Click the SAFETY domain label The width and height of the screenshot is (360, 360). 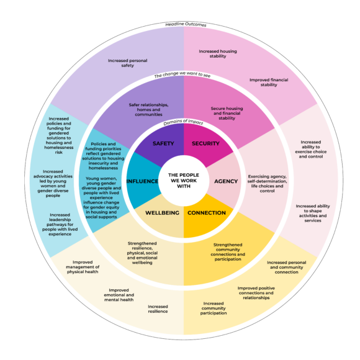163,143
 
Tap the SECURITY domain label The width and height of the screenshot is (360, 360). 205,143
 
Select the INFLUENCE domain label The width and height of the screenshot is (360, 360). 142,181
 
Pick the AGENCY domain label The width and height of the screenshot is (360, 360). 226,181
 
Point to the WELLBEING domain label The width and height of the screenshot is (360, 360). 163,213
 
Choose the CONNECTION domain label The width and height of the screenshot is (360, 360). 207,213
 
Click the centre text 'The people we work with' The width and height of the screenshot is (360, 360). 184,181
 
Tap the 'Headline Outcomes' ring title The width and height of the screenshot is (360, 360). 186,24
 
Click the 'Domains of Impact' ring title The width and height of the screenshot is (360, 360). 183,122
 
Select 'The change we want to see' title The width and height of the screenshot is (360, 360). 182,74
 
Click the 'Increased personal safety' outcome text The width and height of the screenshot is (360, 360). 128,63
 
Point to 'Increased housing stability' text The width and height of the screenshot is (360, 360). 218,53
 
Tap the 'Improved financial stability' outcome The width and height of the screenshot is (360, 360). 269,82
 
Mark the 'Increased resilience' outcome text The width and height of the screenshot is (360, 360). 158,309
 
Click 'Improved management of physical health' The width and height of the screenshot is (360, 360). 83,267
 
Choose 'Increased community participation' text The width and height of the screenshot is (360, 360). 214,308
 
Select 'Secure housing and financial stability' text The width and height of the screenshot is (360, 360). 227,113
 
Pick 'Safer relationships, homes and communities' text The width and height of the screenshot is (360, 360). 148,109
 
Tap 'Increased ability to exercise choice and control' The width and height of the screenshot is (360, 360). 311,149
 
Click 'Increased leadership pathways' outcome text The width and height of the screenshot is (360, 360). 60,225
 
